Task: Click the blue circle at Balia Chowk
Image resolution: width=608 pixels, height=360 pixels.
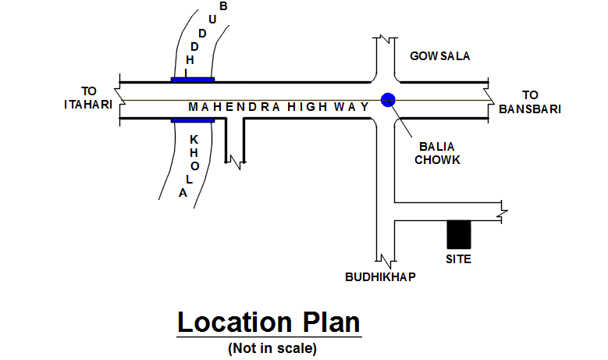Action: pyautogui.click(x=388, y=98)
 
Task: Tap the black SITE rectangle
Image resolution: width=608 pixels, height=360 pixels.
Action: pyautogui.click(x=458, y=235)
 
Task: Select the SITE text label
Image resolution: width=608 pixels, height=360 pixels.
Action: pyautogui.click(x=458, y=258)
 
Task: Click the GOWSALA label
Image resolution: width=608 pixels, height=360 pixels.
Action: pyautogui.click(x=441, y=56)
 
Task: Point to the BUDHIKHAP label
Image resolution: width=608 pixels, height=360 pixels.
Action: pyautogui.click(x=380, y=277)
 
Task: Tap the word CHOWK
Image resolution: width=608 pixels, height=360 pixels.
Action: pyautogui.click(x=438, y=159)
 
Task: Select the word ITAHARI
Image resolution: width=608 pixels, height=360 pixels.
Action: pyautogui.click(x=88, y=104)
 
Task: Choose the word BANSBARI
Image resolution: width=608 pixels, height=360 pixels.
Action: pyautogui.click(x=531, y=109)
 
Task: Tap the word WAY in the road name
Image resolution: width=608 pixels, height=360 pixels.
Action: pyautogui.click(x=352, y=106)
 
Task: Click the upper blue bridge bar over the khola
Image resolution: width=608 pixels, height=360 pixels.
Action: pyautogui.click(x=193, y=79)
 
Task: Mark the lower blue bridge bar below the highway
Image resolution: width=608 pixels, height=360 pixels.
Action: pyautogui.click(x=192, y=120)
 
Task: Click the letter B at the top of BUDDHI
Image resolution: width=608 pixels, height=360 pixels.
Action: pyautogui.click(x=224, y=7)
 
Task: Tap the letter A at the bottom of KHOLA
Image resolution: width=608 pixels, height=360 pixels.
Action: pyautogui.click(x=183, y=193)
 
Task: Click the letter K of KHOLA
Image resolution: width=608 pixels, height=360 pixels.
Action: pyautogui.click(x=194, y=139)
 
